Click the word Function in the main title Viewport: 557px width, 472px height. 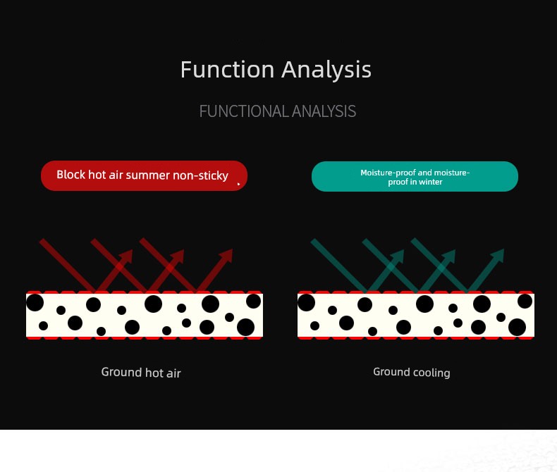[227, 69]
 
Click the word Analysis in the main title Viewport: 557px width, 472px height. [326, 70]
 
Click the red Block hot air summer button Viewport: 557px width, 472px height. [145, 175]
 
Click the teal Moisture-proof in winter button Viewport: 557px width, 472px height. [415, 176]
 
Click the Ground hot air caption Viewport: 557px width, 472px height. [141, 373]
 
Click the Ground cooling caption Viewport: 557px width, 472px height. [412, 372]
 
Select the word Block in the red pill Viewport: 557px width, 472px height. [71, 175]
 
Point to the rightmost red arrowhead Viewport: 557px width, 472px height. [226, 255]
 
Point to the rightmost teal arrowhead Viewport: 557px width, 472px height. [498, 255]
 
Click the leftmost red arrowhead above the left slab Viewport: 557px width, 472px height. [126, 256]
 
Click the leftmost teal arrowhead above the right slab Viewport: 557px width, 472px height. [398, 256]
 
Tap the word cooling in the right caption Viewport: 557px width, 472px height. [431, 373]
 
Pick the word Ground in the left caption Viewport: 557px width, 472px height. [121, 372]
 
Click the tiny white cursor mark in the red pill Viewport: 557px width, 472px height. [239, 184]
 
